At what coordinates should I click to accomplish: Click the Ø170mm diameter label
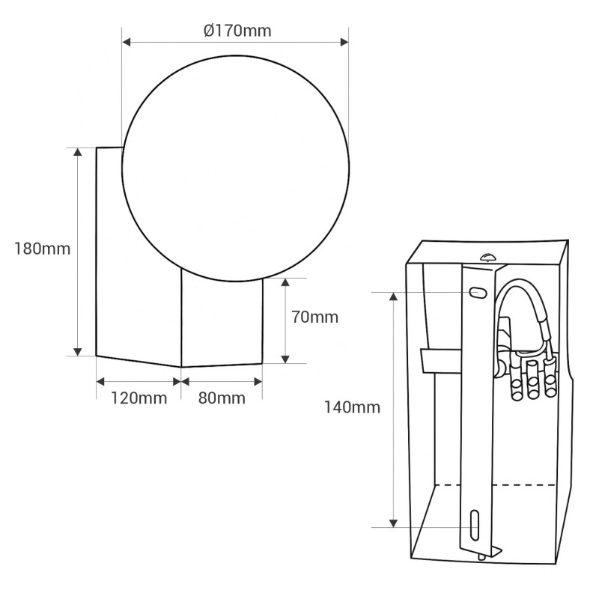pyautogui.click(x=237, y=31)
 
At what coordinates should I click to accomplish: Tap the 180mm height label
pyautogui.click(x=43, y=249)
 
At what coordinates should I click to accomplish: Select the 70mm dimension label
pyautogui.click(x=314, y=317)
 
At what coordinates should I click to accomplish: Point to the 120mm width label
pyautogui.click(x=139, y=398)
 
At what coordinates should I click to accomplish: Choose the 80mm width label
pyautogui.click(x=222, y=398)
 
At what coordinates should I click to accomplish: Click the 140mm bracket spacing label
pyautogui.click(x=352, y=407)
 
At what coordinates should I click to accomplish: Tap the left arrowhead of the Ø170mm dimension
pyautogui.click(x=127, y=42)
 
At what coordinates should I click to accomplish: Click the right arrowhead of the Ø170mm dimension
pyautogui.click(x=344, y=42)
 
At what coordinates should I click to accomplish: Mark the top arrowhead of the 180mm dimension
pyautogui.click(x=78, y=152)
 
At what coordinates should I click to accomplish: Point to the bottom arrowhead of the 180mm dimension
pyautogui.click(x=78, y=351)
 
